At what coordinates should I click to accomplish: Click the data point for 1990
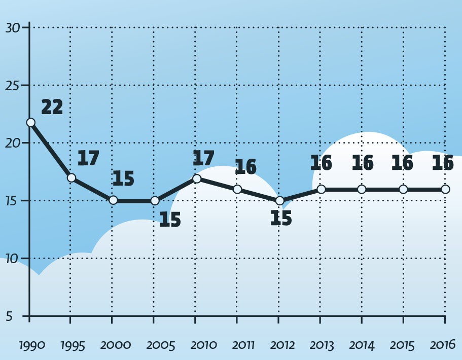pyautogui.click(x=30, y=122)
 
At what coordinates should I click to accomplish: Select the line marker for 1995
pyautogui.click(x=72, y=177)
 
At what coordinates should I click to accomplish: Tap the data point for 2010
pyautogui.click(x=197, y=178)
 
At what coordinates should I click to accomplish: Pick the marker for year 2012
pyautogui.click(x=279, y=201)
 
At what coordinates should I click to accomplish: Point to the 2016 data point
pyautogui.click(x=445, y=189)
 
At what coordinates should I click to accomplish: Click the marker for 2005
pyautogui.click(x=155, y=200)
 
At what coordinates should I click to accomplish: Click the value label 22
pyautogui.click(x=52, y=107)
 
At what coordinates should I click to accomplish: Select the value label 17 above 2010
pyautogui.click(x=203, y=158)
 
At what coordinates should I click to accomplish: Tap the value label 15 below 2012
pyautogui.click(x=281, y=219)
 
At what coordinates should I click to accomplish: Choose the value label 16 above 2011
pyautogui.click(x=245, y=167)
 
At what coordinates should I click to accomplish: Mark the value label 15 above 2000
pyautogui.click(x=123, y=179)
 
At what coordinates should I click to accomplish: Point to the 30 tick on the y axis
pyautogui.click(x=13, y=28)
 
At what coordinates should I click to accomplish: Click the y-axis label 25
pyautogui.click(x=13, y=86)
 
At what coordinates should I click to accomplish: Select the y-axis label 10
pyautogui.click(x=13, y=259)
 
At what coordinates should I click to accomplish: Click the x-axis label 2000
pyautogui.click(x=116, y=346)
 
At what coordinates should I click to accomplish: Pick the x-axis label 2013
pyautogui.click(x=321, y=346)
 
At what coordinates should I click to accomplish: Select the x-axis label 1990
pyautogui.click(x=32, y=346)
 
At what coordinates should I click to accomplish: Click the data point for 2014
pyautogui.click(x=362, y=189)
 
